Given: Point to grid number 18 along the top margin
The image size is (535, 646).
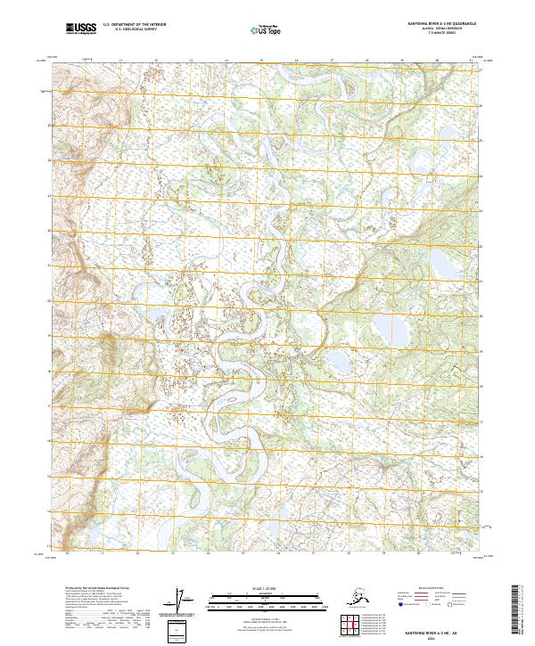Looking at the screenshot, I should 366,61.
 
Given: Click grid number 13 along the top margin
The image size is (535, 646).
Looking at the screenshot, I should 190,61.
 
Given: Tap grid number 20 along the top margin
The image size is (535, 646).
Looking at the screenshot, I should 437,61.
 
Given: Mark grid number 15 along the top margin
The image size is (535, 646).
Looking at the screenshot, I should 260,61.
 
